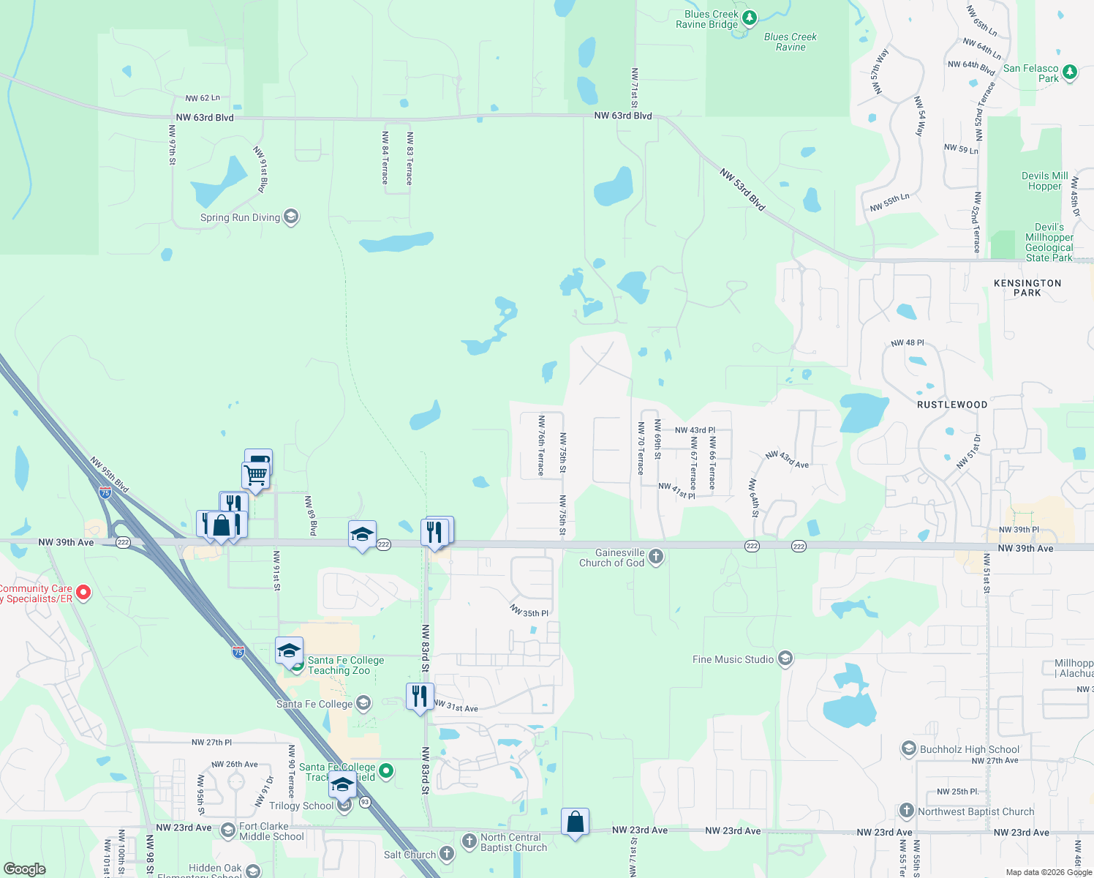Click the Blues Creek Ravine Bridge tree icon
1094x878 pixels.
[748, 18]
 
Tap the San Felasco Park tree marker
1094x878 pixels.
[1070, 72]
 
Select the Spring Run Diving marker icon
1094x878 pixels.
[291, 217]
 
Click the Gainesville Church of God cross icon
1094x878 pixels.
[656, 557]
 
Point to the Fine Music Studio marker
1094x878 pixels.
[785, 659]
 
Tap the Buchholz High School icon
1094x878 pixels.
[909, 748]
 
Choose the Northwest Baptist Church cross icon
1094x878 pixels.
[907, 811]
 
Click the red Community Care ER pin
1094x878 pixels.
[83, 592]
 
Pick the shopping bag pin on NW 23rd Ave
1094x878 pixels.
[575, 822]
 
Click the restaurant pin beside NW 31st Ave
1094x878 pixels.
[420, 697]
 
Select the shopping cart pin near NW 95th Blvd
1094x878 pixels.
[255, 475]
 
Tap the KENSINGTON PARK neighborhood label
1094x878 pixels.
[1027, 288]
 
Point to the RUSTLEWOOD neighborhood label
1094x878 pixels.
[952, 405]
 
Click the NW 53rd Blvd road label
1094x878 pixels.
[742, 190]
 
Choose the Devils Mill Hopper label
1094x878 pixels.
[1044, 181]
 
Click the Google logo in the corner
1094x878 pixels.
[25, 868]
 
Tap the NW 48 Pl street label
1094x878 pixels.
[908, 342]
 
